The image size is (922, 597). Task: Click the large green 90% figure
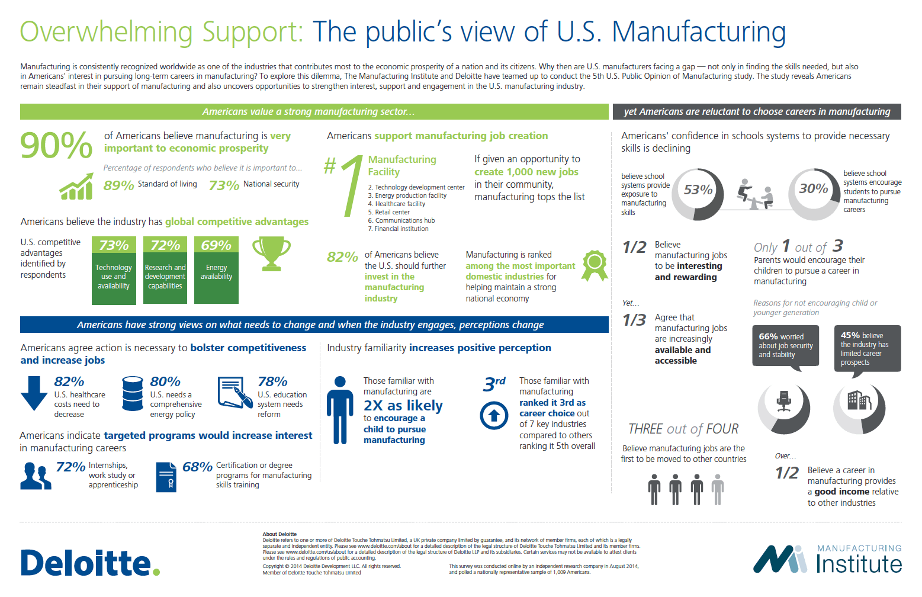pos(56,146)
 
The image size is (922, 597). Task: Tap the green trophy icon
pos(271,253)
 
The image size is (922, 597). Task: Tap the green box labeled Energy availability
pos(216,270)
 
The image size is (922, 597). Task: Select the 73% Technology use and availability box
pos(114,270)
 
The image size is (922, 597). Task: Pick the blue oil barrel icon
pos(132,393)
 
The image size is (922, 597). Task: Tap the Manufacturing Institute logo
pos(827,560)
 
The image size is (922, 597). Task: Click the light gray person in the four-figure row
pos(718,489)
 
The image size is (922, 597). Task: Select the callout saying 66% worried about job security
pos(785,345)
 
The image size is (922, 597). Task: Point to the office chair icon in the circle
pos(784,402)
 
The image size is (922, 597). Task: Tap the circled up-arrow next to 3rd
pos(494,415)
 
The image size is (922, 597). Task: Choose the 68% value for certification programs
pos(197,467)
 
